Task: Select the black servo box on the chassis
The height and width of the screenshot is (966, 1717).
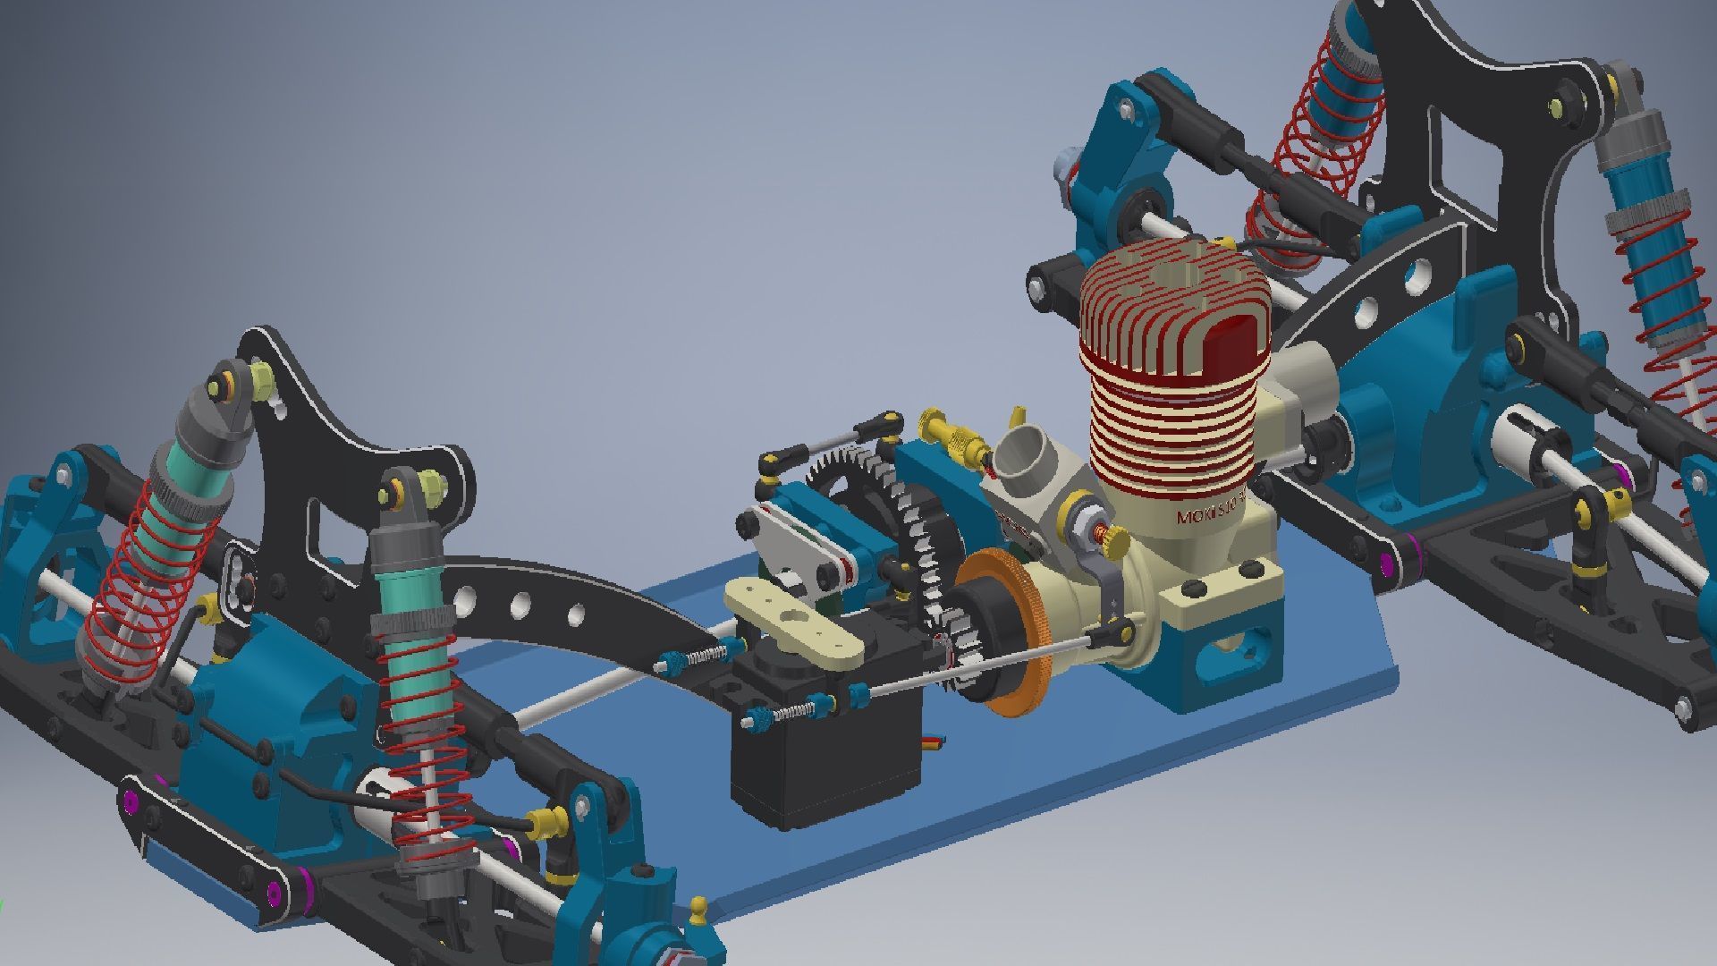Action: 823,760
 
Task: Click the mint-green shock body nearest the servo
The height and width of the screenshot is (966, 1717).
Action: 407,590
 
